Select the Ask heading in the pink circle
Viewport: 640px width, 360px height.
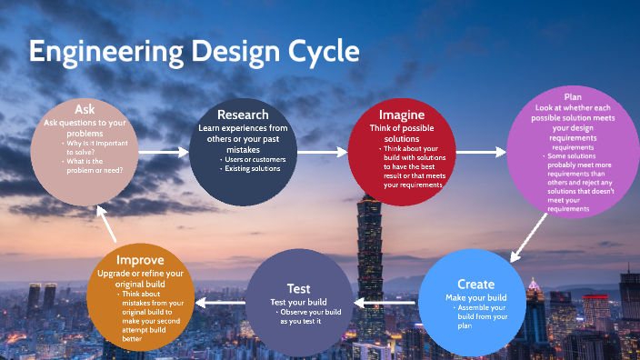[x=85, y=109]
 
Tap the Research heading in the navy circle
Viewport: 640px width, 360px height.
[x=243, y=115]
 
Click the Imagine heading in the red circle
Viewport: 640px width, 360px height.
[x=401, y=115]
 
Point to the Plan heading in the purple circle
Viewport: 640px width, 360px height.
[x=573, y=96]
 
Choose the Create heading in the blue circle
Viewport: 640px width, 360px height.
[x=476, y=284]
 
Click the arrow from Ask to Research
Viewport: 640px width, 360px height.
[x=163, y=154]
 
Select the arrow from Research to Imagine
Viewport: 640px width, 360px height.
[x=323, y=152]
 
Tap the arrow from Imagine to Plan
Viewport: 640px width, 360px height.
[x=481, y=152]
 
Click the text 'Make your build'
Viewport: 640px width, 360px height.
[x=476, y=297]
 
